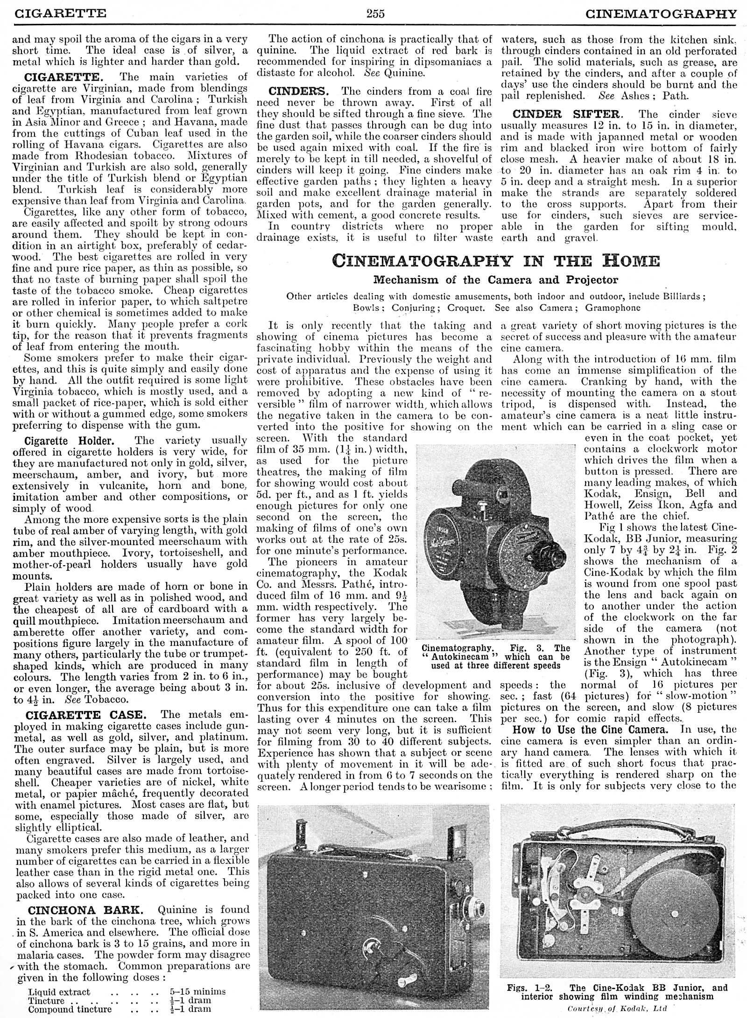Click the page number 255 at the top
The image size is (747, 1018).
pos(375,14)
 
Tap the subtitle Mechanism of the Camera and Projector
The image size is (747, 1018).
pos(495,280)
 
